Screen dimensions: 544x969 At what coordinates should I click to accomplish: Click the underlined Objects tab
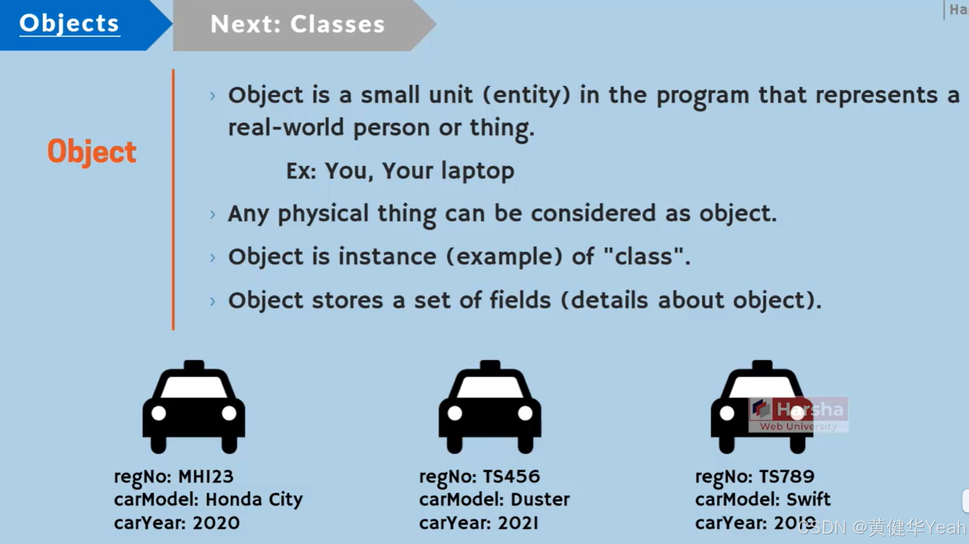pyautogui.click(x=69, y=23)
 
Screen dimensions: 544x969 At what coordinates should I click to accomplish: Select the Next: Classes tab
pyautogui.click(x=297, y=25)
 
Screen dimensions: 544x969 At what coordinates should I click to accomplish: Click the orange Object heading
pyautogui.click(x=92, y=151)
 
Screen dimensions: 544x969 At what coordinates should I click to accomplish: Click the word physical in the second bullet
pyautogui.click(x=323, y=213)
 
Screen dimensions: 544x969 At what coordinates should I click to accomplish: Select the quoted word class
pyautogui.click(x=647, y=256)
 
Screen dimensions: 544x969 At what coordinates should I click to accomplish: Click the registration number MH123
pyautogui.click(x=206, y=476)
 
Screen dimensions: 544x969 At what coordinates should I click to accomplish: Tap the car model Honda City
pyautogui.click(x=254, y=499)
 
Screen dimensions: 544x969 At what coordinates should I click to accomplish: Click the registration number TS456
pyautogui.click(x=511, y=476)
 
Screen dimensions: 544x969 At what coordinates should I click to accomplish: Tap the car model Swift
pyautogui.click(x=809, y=499)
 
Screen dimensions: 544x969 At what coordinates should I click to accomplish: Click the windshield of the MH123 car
pyautogui.click(x=194, y=387)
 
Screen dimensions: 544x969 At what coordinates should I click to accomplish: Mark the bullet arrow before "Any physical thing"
pyautogui.click(x=213, y=214)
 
